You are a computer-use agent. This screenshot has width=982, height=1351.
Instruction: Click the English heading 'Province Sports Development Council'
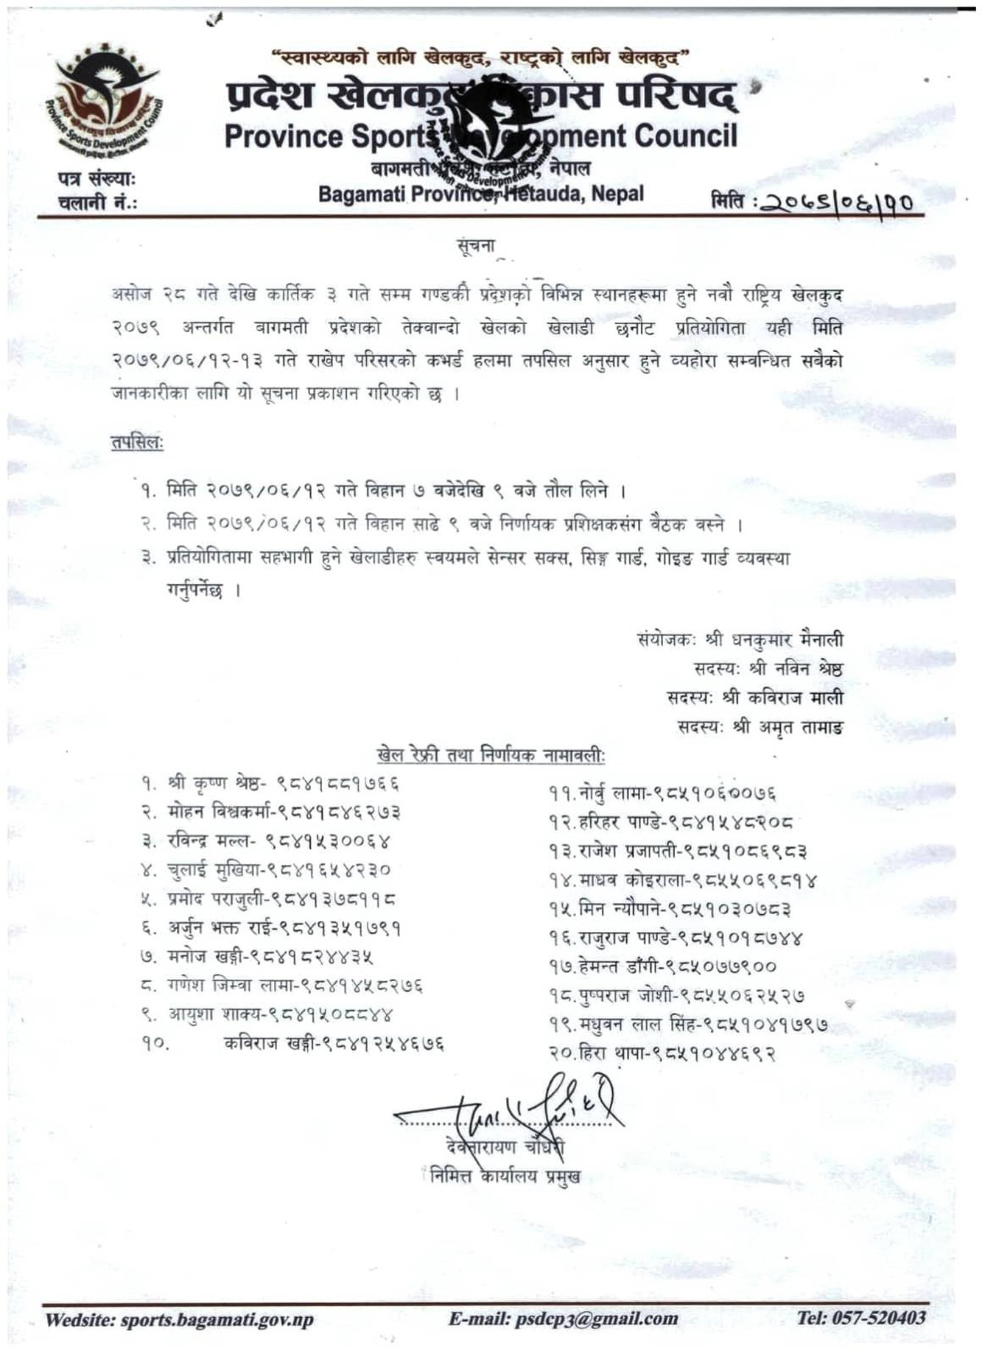tap(480, 136)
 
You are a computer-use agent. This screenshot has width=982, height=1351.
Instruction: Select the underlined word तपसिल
tap(137, 443)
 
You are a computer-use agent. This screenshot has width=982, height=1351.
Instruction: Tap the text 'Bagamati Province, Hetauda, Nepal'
tap(481, 194)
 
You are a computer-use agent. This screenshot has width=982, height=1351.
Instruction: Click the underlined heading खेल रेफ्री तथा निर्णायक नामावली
tap(491, 755)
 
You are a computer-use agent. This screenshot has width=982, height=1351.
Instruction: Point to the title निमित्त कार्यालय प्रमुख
tap(506, 1176)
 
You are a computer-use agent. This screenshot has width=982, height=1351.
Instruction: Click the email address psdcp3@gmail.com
tap(564, 1319)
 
